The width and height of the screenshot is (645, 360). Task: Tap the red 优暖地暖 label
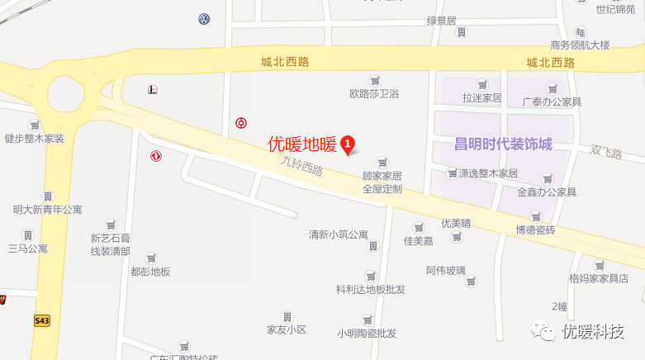[x=302, y=144]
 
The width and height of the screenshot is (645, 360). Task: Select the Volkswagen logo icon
[x=204, y=19]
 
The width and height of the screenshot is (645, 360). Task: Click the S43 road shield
[x=42, y=320]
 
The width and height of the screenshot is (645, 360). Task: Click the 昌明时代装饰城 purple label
[x=502, y=144]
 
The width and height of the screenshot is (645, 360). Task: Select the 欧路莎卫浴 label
[x=374, y=94]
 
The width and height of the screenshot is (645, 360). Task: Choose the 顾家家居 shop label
[x=382, y=176]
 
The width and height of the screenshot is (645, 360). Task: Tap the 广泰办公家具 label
[x=552, y=102]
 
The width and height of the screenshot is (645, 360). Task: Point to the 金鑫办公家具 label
[x=546, y=192]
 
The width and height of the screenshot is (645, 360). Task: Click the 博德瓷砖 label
[x=536, y=229]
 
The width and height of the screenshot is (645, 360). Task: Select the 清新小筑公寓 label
[x=338, y=234]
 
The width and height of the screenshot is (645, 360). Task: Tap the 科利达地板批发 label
[x=370, y=289]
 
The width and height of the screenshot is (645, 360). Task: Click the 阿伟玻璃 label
[x=446, y=270]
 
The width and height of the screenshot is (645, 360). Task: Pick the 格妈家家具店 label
[x=599, y=278]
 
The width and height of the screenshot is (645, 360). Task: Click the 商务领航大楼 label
[x=580, y=45]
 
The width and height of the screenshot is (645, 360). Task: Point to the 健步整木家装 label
[x=34, y=138]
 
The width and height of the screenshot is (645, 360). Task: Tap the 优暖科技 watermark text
[x=592, y=332]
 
